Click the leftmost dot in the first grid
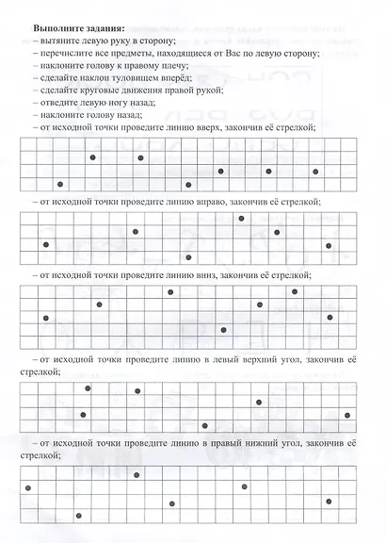click(x=60, y=184)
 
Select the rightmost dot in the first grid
click(x=315, y=173)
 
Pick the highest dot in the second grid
click(x=242, y=219)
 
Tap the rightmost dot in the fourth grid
click(x=347, y=414)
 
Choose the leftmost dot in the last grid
click(x=28, y=487)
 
